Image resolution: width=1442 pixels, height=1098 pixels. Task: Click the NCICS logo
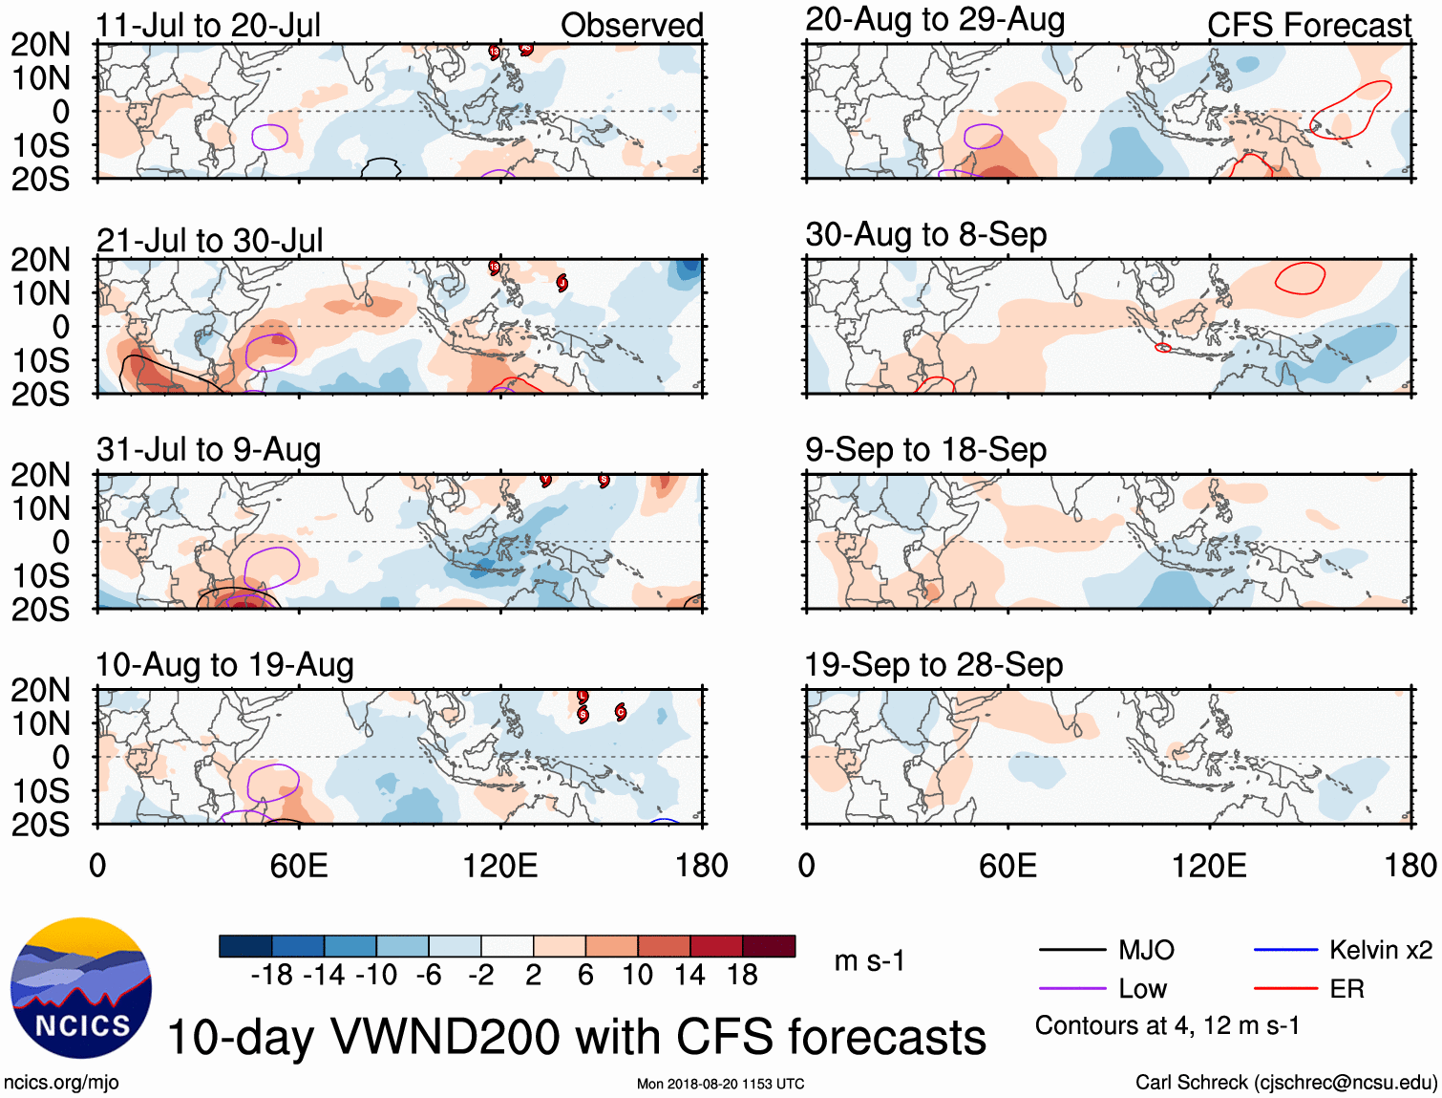pyautogui.click(x=80, y=988)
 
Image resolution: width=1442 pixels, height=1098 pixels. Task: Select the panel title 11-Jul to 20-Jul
pyautogui.click(x=208, y=25)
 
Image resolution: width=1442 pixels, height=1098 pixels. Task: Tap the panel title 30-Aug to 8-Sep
pyautogui.click(x=925, y=234)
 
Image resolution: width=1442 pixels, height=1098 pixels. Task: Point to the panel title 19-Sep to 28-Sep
pyautogui.click(x=933, y=664)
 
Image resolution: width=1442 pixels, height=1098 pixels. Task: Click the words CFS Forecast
pyautogui.click(x=1308, y=26)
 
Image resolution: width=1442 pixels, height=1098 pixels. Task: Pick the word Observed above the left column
pyautogui.click(x=631, y=26)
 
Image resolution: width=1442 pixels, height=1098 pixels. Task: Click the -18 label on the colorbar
pyautogui.click(x=271, y=975)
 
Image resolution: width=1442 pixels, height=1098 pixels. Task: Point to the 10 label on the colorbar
pyautogui.click(x=637, y=975)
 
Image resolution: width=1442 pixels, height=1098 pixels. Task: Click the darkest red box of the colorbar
pyautogui.click(x=769, y=946)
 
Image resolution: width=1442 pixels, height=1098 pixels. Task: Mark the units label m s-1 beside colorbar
pyautogui.click(x=869, y=960)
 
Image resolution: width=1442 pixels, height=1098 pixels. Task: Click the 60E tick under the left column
pyautogui.click(x=299, y=866)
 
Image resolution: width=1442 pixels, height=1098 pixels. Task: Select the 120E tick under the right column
pyautogui.click(x=1209, y=866)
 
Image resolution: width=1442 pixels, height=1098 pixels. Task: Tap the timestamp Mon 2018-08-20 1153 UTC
pyautogui.click(x=720, y=1084)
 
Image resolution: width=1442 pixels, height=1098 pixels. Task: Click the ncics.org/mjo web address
pyautogui.click(x=61, y=1082)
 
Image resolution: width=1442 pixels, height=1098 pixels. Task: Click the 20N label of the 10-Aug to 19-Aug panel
pyautogui.click(x=40, y=690)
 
